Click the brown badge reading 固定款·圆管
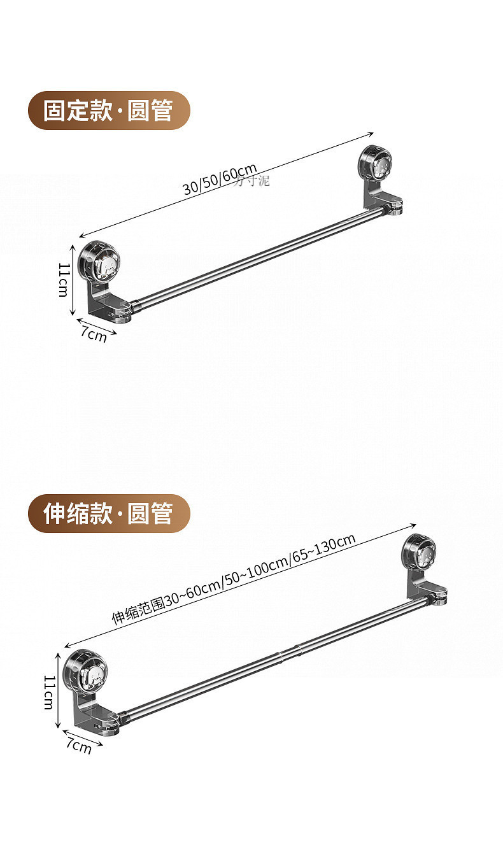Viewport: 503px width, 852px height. click(x=109, y=110)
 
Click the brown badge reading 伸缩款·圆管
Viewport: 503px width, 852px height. click(x=109, y=513)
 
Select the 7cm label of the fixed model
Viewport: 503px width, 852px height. click(x=94, y=333)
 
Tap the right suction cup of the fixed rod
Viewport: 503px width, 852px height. click(x=375, y=165)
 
